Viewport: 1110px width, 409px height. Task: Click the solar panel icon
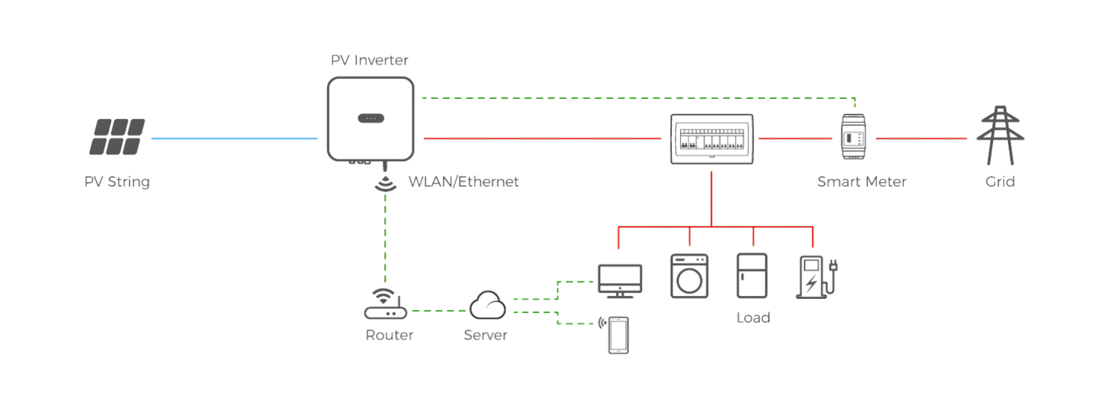tap(117, 136)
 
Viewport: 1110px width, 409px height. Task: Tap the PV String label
tap(117, 182)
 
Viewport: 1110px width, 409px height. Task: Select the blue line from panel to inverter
tap(235, 139)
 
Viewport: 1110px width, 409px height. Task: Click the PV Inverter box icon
tap(370, 119)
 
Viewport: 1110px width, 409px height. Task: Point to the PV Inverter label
tap(370, 60)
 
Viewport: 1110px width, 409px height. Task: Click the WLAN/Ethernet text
tap(463, 182)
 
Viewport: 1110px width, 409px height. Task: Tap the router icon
tap(385, 303)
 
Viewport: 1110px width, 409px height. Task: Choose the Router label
tap(389, 336)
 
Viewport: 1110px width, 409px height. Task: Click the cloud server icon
tap(487, 305)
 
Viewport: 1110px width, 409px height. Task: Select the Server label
tap(486, 336)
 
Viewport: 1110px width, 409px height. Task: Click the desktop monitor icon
tap(620, 281)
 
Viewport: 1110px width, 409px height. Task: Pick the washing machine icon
tap(689, 276)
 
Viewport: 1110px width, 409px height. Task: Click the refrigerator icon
tap(752, 276)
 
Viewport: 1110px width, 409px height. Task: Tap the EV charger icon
tap(817, 277)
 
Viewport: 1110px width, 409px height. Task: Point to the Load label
tap(753, 318)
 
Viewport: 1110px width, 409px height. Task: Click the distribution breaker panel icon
tap(712, 139)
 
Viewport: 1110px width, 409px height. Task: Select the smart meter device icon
tap(853, 136)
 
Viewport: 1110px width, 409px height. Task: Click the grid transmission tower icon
tap(1000, 135)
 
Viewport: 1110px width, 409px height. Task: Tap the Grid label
tap(1000, 182)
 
